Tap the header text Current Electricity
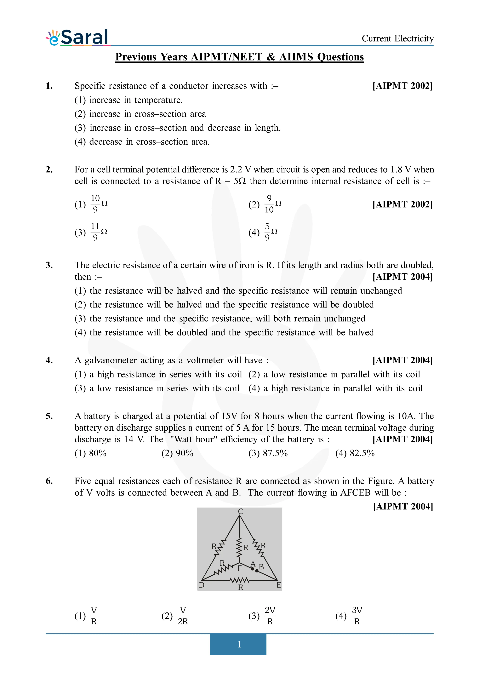click(x=397, y=38)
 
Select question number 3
click(x=49, y=265)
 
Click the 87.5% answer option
click(x=268, y=453)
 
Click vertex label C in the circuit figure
click(x=241, y=511)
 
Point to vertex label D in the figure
click(x=202, y=585)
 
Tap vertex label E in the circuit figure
click(x=279, y=585)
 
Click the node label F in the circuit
click(x=240, y=568)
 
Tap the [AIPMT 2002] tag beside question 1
click(x=402, y=86)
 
